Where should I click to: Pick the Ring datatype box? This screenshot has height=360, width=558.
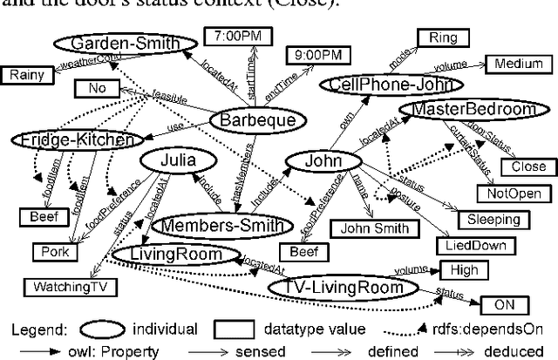[443, 37]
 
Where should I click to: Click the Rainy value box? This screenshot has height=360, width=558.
[27, 75]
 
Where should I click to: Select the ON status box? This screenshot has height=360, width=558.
[504, 304]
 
